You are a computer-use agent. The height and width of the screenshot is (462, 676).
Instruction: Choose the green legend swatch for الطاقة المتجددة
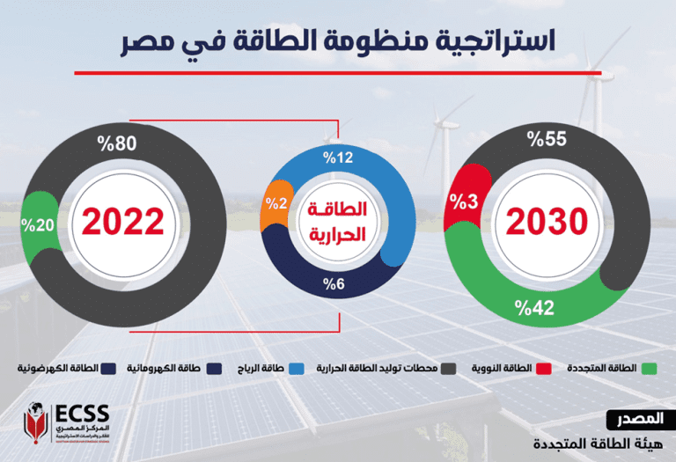point(650,367)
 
